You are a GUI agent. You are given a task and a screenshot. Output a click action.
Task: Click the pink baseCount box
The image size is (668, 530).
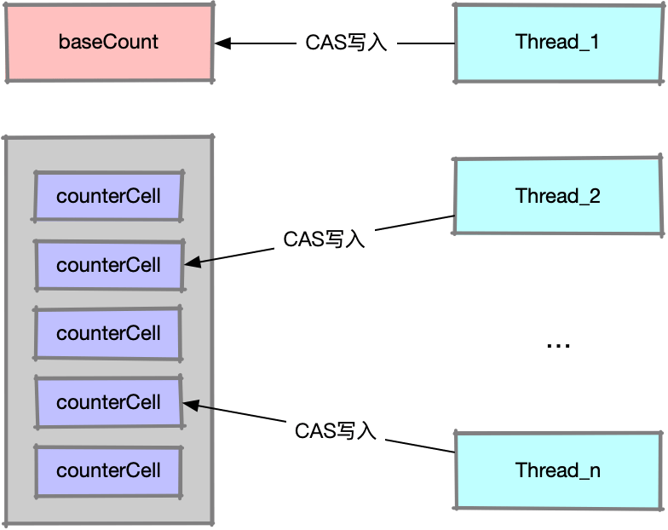click(109, 43)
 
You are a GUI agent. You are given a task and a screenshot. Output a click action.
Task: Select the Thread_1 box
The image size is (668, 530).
click(558, 43)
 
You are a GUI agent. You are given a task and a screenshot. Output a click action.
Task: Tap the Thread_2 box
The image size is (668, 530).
click(558, 197)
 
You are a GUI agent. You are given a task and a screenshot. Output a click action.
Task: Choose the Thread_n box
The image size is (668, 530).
click(558, 470)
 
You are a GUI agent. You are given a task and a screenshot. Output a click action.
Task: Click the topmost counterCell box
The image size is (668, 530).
click(108, 196)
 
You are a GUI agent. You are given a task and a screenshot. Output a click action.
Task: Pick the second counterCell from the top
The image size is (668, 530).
click(108, 265)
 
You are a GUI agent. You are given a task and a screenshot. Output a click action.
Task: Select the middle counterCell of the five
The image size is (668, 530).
click(108, 333)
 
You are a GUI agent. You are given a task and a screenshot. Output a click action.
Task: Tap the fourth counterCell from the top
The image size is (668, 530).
click(108, 402)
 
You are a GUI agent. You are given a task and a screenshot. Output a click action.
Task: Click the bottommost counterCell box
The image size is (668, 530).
click(108, 470)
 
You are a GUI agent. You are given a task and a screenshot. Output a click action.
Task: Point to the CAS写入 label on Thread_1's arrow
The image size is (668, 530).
click(347, 43)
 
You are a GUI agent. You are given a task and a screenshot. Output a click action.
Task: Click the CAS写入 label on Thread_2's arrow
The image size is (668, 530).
click(325, 239)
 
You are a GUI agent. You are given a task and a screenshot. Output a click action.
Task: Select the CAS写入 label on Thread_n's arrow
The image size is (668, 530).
click(336, 430)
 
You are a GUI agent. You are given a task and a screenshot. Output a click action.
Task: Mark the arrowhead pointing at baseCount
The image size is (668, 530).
click(222, 43)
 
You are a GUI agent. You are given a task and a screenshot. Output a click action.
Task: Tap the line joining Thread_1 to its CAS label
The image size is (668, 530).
click(426, 43)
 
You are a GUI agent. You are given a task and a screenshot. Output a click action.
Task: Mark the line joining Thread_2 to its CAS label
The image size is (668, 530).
click(415, 223)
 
